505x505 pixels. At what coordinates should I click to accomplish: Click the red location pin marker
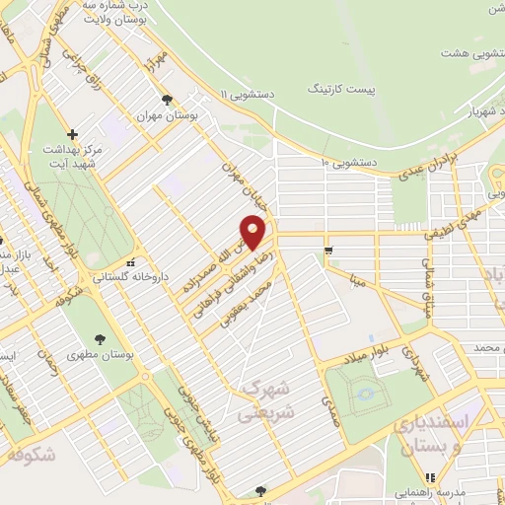pyautogui.click(x=253, y=233)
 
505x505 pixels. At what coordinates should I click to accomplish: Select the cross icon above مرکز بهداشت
pyautogui.click(x=71, y=134)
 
